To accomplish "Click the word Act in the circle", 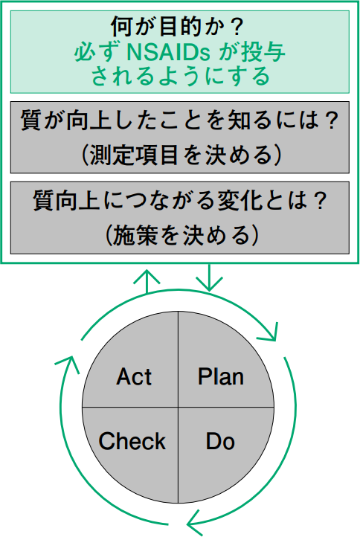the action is [134, 377].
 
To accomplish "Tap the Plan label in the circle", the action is [221, 377].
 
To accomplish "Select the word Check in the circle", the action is [132, 441].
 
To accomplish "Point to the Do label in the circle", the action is [220, 441].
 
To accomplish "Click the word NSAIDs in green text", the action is [168, 52].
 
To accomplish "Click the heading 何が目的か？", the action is [178, 27].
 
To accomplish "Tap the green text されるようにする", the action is [180, 76].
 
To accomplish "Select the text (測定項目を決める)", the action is [181, 155].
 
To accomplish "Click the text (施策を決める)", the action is [181, 235].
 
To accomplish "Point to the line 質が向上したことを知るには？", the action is [179, 120].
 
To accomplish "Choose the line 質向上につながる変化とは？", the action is [180, 201].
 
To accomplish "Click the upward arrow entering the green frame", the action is [147, 281].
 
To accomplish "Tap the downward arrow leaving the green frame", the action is [209, 277].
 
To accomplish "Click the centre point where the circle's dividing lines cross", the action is [178, 407].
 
